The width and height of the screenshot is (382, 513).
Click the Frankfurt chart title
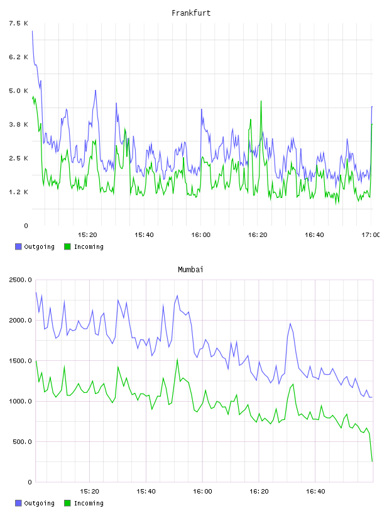tap(191, 13)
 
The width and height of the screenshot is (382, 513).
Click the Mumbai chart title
tap(190, 270)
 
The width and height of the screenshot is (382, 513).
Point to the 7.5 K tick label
tap(18, 23)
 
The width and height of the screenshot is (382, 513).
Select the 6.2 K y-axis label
tap(18, 57)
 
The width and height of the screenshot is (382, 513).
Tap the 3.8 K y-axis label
tap(18, 124)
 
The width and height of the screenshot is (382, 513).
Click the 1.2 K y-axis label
tap(18, 192)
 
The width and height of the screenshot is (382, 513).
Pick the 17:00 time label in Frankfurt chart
tap(371, 234)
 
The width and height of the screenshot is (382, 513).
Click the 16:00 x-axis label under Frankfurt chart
tap(201, 234)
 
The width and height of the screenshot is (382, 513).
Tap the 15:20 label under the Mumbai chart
tap(89, 491)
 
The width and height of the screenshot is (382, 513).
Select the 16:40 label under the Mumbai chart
tap(315, 491)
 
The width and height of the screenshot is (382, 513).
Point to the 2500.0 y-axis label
tap(20, 280)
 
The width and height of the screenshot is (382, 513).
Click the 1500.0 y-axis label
tap(20, 360)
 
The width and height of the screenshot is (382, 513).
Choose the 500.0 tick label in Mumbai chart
tap(22, 442)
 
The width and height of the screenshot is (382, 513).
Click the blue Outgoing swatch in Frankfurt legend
tap(18, 246)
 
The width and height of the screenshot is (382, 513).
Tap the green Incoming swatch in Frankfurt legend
tap(67, 246)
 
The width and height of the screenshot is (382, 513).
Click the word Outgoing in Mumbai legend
tap(39, 503)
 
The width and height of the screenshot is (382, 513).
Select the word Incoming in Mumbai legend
tap(89, 503)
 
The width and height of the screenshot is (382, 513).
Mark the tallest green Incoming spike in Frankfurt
tap(261, 101)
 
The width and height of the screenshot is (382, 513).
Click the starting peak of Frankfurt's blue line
tap(32, 31)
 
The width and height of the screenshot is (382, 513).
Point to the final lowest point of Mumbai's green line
tap(372, 461)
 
